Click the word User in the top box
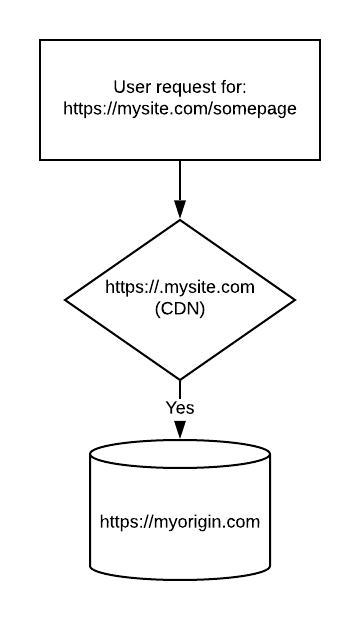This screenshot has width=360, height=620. click(134, 86)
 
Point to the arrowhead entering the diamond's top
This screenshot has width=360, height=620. click(180, 210)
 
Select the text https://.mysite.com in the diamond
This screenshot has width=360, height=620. click(180, 288)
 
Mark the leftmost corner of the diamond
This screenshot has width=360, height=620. click(66, 299)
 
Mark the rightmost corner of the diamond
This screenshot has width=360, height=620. click(295, 299)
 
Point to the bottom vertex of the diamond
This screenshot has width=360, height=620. click(180, 379)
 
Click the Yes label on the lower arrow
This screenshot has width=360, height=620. click(180, 407)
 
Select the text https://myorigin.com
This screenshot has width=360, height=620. click(180, 521)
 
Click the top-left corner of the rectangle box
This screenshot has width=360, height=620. click(40, 40)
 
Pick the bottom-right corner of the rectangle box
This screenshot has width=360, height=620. click(320, 160)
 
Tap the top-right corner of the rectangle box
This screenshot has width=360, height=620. click(320, 40)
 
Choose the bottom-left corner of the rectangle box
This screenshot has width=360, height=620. click(40, 160)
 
